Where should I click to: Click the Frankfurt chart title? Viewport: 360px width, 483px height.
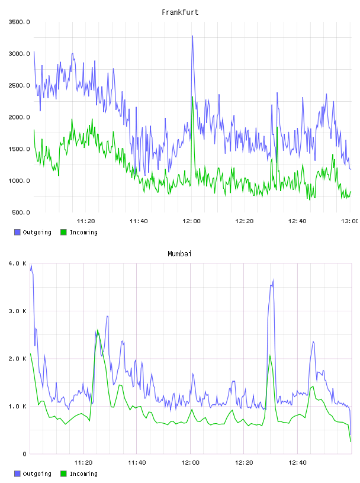click(180, 12)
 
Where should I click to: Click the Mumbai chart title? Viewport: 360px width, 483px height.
click(179, 254)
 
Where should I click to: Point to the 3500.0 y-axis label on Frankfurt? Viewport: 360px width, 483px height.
click(19, 22)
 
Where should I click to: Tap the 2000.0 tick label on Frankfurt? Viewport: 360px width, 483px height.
click(19, 117)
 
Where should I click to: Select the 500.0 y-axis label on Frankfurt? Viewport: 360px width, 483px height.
click(21, 212)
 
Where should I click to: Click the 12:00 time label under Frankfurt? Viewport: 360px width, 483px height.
click(191, 221)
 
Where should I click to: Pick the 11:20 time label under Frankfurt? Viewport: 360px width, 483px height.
click(86, 221)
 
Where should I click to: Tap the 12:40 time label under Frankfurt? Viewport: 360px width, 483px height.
click(297, 221)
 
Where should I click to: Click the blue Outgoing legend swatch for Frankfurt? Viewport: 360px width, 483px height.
click(17, 232)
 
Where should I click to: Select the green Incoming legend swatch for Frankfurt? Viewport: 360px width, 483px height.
click(63, 232)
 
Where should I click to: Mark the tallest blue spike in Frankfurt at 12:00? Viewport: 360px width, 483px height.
click(192, 36)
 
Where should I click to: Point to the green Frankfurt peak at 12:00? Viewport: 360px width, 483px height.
click(192, 97)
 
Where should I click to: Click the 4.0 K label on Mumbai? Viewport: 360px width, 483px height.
click(18, 263)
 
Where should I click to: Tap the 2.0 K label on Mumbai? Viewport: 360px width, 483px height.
click(18, 359)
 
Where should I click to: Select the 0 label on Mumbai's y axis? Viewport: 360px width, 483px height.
click(24, 454)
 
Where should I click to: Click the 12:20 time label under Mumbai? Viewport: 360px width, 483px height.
click(244, 462)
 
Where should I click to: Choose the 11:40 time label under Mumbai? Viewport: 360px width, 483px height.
click(137, 462)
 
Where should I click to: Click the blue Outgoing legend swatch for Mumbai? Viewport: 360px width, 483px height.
click(17, 474)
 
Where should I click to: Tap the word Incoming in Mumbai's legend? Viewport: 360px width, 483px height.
click(83, 474)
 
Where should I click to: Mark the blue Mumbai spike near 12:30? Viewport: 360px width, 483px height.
click(273, 280)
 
